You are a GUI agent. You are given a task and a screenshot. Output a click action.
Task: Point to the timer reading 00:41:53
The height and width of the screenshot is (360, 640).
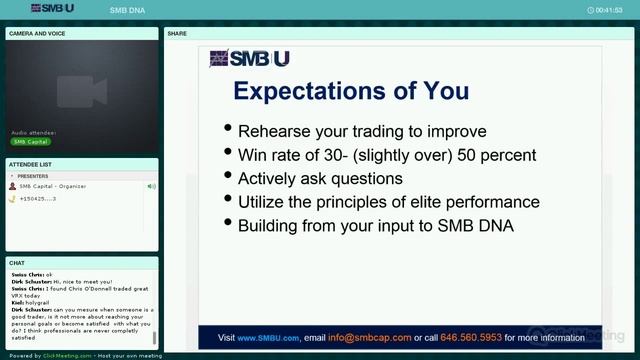tap(608, 9)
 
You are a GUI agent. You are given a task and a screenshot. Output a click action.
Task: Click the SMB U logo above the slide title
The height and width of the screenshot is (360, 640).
tap(249, 59)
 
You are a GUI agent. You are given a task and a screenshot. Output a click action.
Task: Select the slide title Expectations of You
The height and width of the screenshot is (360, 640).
tap(350, 92)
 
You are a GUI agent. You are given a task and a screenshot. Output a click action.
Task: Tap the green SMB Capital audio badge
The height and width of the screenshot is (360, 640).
tap(31, 142)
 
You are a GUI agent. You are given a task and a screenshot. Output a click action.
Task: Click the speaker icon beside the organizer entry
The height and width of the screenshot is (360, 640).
tap(151, 187)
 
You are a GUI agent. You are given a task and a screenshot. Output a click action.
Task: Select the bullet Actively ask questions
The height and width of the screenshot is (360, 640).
tap(320, 179)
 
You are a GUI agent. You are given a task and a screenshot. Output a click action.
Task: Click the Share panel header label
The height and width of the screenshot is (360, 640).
tap(177, 33)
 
